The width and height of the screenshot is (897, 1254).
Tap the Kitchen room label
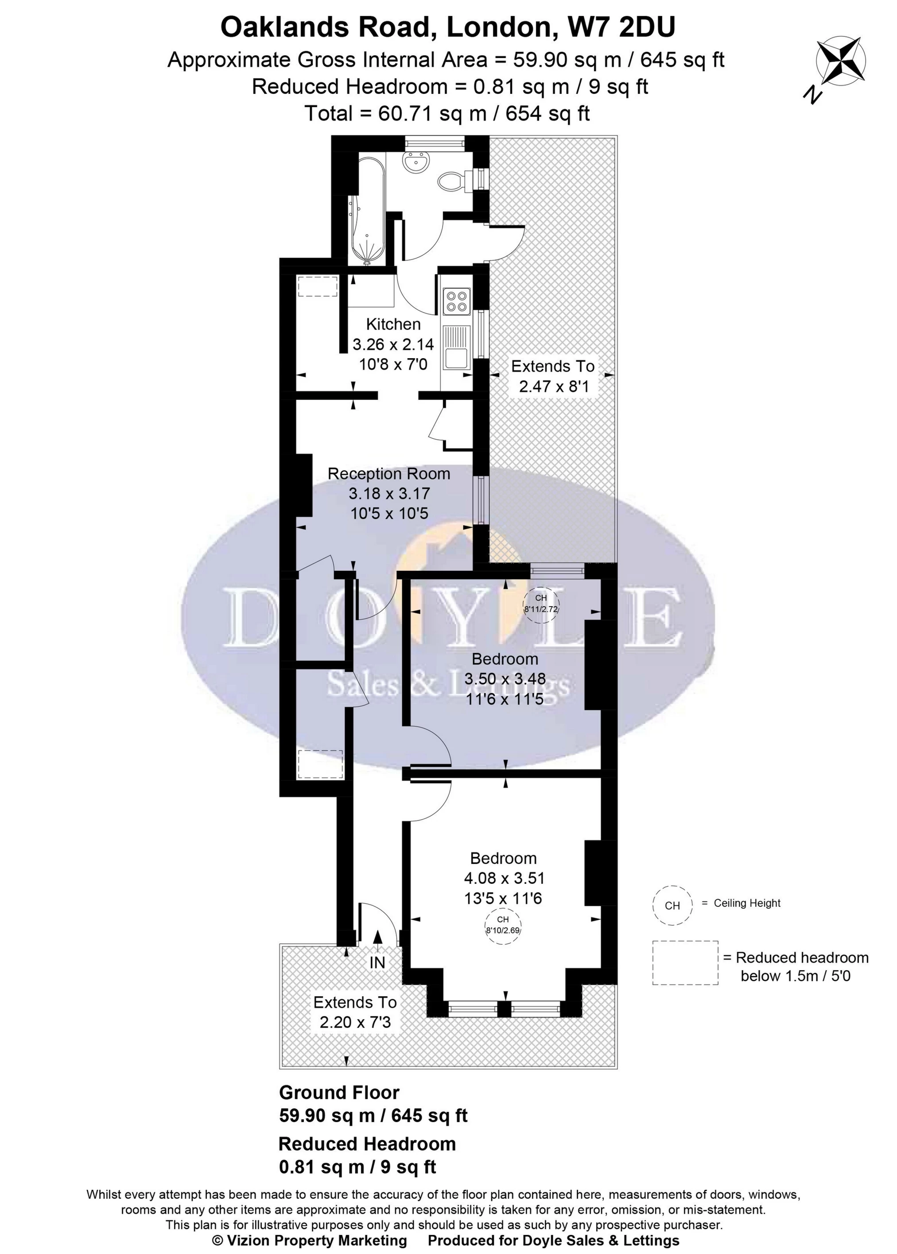(x=393, y=324)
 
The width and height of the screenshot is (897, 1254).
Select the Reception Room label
(x=389, y=474)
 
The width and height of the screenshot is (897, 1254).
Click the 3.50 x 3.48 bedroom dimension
(x=505, y=679)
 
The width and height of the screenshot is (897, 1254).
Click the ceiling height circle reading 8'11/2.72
(x=541, y=604)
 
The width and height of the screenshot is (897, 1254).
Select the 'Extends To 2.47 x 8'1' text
(x=553, y=376)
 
